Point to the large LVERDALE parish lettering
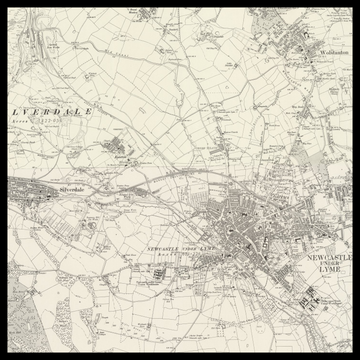pos(45,112)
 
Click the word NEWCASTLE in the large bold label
pos(326,256)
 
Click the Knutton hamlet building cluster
pos(121,153)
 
